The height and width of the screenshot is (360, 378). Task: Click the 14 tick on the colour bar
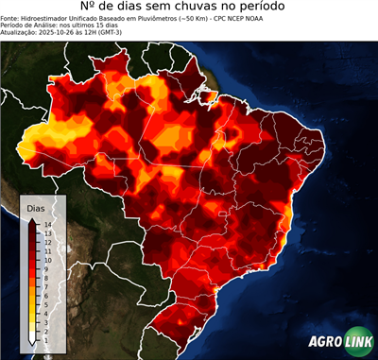tap(46, 224)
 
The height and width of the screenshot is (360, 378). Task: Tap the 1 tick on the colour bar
tap(45, 326)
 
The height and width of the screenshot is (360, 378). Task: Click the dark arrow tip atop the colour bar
tap(32, 219)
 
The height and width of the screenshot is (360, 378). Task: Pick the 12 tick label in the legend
tap(46, 240)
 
